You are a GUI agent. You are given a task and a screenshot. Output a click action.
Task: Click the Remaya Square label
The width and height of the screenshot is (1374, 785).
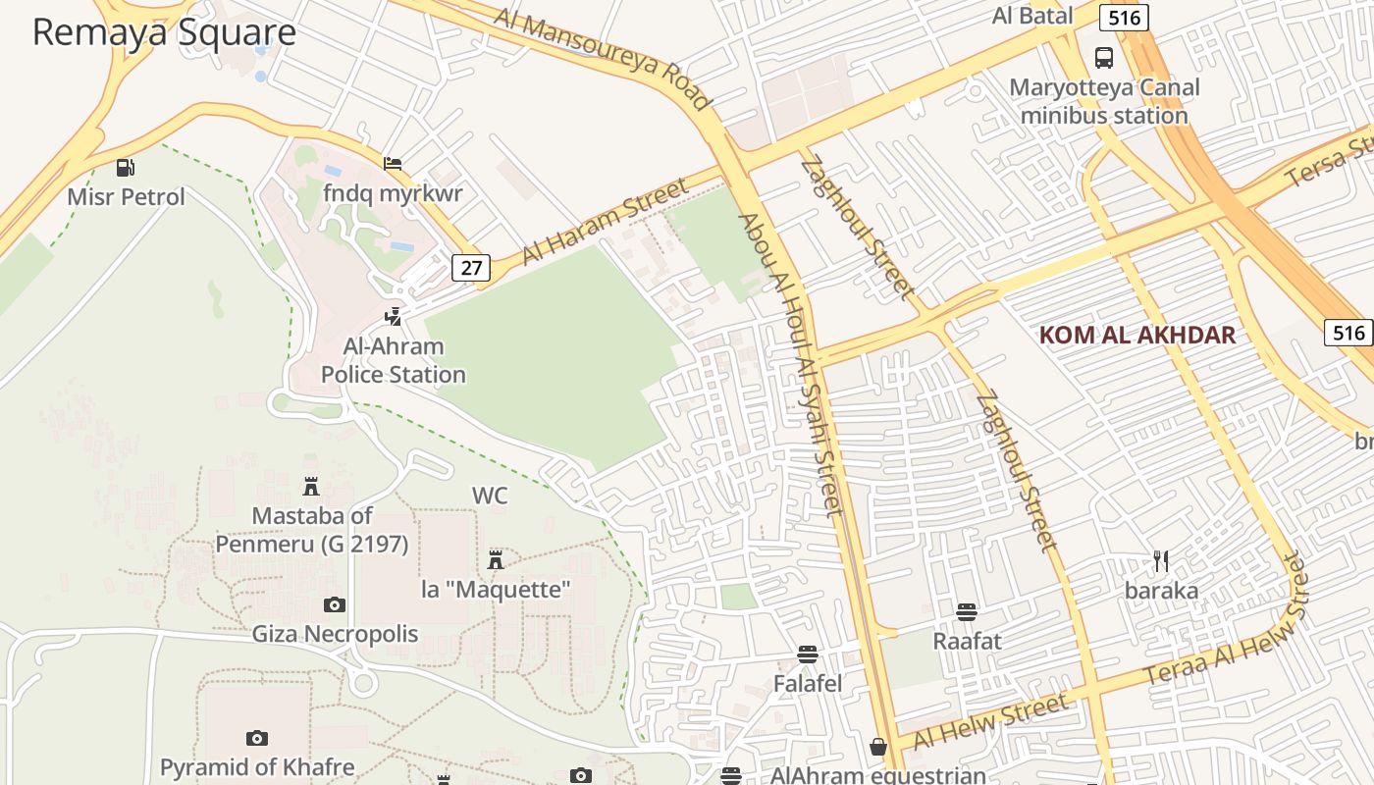[x=164, y=32]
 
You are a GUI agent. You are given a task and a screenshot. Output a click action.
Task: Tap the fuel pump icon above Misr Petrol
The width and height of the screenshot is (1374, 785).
[x=125, y=168]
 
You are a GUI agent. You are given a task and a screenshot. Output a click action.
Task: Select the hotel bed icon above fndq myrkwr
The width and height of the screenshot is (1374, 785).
[x=393, y=163]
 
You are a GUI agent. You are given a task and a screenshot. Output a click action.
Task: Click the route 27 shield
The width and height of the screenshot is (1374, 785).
[x=471, y=268]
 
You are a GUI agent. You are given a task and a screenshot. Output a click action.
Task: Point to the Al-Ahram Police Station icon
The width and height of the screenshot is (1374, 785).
[x=393, y=316]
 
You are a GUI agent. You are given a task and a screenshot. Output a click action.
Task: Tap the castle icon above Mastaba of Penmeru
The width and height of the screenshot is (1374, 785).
[x=311, y=486]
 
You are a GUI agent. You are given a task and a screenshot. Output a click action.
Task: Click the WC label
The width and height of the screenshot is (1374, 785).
[x=490, y=496]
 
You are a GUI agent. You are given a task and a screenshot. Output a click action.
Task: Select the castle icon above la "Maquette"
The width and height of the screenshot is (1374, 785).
[x=496, y=559]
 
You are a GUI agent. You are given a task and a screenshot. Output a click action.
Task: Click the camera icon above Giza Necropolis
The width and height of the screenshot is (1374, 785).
[x=335, y=604]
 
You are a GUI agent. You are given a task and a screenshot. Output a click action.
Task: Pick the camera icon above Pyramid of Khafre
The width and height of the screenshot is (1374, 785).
[x=257, y=737]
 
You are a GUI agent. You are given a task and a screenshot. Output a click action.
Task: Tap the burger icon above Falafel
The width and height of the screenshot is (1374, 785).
[x=808, y=654]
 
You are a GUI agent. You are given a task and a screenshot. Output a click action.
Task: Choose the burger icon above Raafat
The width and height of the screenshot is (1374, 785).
[x=967, y=612]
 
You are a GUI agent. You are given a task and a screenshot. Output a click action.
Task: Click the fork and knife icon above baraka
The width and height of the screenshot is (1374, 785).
[x=1161, y=561]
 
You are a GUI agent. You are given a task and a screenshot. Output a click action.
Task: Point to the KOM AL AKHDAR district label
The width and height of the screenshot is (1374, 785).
[x=1136, y=335]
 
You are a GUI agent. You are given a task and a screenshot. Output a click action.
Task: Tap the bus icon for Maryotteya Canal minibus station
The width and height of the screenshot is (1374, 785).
[x=1104, y=58]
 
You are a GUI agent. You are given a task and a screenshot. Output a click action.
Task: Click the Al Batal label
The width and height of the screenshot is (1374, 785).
[x=1032, y=16]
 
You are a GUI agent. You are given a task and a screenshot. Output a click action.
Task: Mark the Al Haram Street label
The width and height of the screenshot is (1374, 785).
[x=606, y=222]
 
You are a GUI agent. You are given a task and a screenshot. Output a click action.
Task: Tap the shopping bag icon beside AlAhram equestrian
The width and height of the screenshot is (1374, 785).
[x=877, y=747]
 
